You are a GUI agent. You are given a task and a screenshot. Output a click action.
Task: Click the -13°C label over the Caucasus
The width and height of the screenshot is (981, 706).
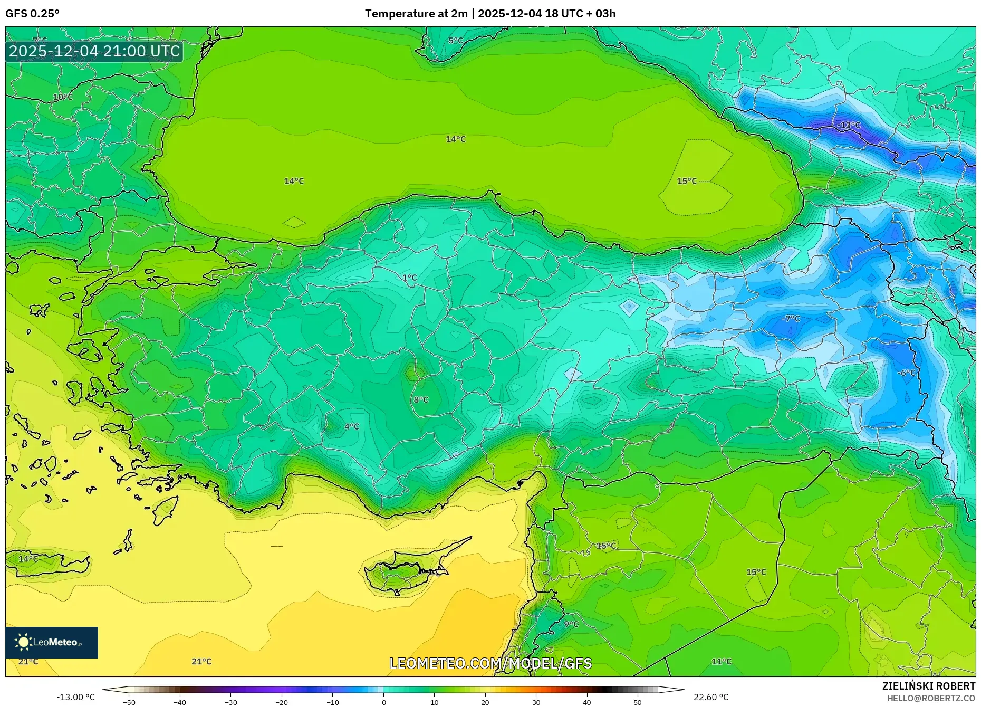(x=849, y=125)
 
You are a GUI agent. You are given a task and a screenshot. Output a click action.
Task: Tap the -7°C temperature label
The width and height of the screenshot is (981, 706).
(x=791, y=319)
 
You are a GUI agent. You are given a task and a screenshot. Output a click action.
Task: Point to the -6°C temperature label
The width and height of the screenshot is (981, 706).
(x=906, y=373)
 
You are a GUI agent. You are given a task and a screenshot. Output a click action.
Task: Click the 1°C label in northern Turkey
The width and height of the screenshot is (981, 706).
(x=409, y=278)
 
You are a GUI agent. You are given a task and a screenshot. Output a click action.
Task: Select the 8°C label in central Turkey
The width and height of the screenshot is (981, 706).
(x=421, y=399)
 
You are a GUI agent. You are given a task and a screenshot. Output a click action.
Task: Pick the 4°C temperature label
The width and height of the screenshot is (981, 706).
(x=351, y=426)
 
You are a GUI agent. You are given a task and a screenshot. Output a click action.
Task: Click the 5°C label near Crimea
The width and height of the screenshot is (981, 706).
(x=456, y=41)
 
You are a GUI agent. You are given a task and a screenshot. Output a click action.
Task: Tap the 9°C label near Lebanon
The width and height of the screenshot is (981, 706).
(x=571, y=624)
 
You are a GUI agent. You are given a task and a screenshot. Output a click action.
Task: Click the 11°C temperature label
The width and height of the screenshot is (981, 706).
(x=722, y=661)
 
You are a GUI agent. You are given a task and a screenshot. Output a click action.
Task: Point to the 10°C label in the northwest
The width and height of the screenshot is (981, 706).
(x=63, y=97)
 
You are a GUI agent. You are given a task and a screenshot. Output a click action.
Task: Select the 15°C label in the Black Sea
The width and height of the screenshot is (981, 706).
(x=687, y=181)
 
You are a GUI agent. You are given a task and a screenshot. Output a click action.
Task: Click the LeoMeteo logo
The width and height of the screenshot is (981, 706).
(x=51, y=642)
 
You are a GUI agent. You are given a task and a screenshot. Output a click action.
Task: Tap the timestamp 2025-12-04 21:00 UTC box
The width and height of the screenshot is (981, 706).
(x=94, y=51)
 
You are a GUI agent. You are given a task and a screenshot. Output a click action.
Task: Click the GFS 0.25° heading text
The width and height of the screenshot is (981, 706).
(x=32, y=14)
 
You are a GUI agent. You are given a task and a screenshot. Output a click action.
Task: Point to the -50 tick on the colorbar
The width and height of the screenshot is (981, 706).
(x=129, y=702)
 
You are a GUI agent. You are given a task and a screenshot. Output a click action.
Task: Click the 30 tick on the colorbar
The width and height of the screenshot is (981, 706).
(x=536, y=702)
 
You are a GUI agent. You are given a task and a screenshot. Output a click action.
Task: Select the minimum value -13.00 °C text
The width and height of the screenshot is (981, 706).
(x=75, y=697)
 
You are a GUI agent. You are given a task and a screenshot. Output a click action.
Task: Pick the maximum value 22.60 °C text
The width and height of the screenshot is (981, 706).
(x=710, y=697)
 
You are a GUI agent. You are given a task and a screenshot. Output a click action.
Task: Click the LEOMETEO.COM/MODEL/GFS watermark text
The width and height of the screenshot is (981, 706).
(x=491, y=663)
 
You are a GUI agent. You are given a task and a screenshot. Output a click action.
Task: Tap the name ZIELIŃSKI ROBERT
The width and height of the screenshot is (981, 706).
(x=928, y=686)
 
